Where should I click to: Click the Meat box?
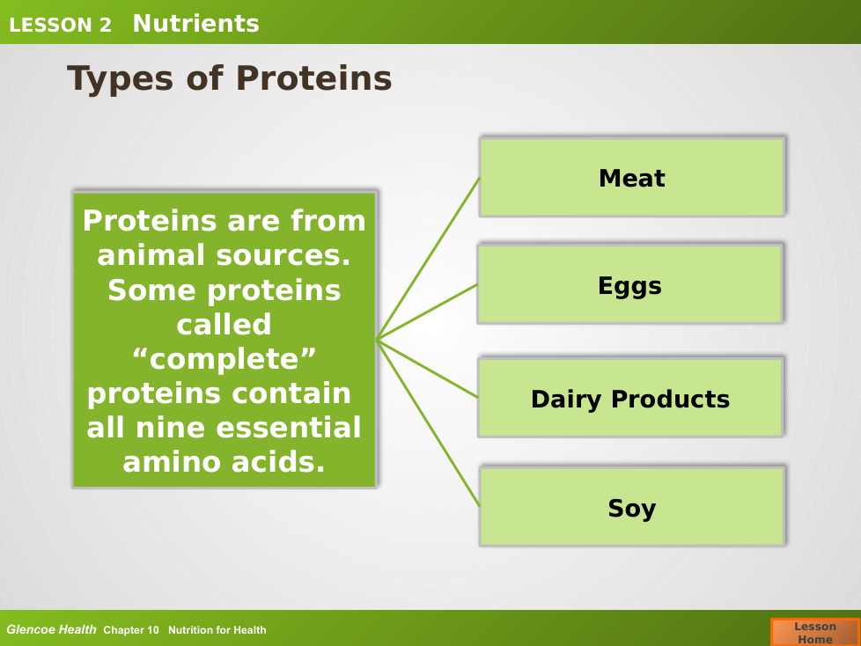(x=632, y=177)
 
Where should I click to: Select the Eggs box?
(x=629, y=283)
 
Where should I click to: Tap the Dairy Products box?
(x=630, y=398)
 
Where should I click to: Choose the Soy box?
(x=632, y=506)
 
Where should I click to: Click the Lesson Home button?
(x=815, y=632)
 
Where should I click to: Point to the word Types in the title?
(x=120, y=79)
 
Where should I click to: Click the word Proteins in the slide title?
(x=314, y=78)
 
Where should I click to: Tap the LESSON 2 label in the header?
(x=60, y=25)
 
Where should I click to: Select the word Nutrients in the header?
(x=196, y=24)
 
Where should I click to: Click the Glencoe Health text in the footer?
(x=51, y=629)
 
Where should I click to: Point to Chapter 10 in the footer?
(x=131, y=630)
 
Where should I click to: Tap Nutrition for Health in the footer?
(x=217, y=630)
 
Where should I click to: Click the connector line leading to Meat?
(x=429, y=259)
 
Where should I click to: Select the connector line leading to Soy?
(x=429, y=423)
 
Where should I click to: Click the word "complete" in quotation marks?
(x=224, y=359)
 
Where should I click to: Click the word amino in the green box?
(x=172, y=462)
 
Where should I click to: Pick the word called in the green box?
(x=224, y=324)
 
